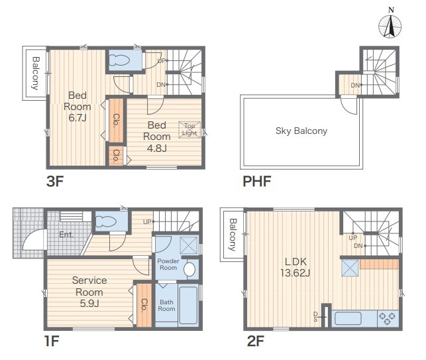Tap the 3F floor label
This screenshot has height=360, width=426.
point(55,182)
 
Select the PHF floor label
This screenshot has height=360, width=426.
point(257,182)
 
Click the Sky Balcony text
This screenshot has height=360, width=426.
point(301,131)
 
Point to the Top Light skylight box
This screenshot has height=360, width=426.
point(189,130)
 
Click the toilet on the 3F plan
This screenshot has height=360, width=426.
point(119,60)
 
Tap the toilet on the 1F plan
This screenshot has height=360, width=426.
point(106,221)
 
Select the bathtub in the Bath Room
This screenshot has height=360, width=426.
point(188,306)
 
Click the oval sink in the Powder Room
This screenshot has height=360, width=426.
point(189,269)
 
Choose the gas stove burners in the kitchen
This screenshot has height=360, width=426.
point(388,319)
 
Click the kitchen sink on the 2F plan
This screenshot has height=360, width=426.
point(348,318)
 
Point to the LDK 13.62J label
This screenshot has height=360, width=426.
point(295,267)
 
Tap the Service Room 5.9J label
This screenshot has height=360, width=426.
point(89,292)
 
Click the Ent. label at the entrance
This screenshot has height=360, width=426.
point(66,235)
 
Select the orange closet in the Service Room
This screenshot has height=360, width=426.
point(144,305)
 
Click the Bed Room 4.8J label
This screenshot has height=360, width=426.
point(157,137)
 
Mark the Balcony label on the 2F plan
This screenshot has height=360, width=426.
point(233,235)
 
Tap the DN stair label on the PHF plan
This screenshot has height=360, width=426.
point(355,86)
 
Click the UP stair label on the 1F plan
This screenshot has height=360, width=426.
point(147,222)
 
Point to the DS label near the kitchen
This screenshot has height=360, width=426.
point(315,317)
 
